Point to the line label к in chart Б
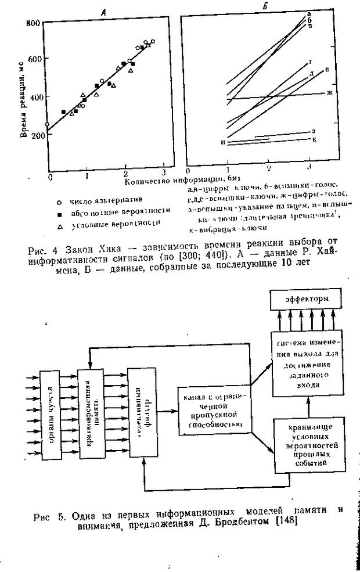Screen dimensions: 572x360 coord(314,139)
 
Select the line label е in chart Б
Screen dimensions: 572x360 coord(328,70)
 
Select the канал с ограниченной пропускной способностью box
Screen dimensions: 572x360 coord(215,412)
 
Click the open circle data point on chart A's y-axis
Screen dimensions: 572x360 coord(47,124)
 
